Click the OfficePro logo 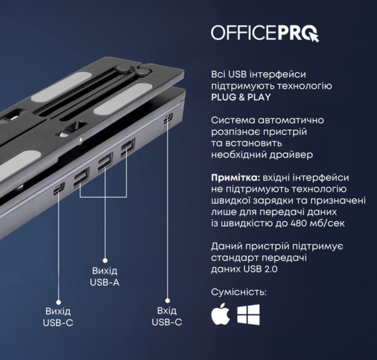[x=265, y=33]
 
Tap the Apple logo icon [x=220, y=314]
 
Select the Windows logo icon [x=248, y=315]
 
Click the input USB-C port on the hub [x=168, y=118]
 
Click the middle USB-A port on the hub [x=105, y=162]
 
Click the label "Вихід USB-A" [x=105, y=277]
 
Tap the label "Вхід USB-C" [x=167, y=317]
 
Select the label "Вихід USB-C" [x=58, y=317]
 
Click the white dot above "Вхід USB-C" [x=168, y=300]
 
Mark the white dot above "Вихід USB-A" [x=105, y=260]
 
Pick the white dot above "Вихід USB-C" [x=59, y=302]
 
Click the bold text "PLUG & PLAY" [x=241, y=97]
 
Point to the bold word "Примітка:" [x=236, y=178]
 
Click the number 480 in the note [x=299, y=224]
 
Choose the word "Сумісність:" [x=239, y=292]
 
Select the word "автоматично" [x=291, y=120]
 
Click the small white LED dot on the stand [x=81, y=139]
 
